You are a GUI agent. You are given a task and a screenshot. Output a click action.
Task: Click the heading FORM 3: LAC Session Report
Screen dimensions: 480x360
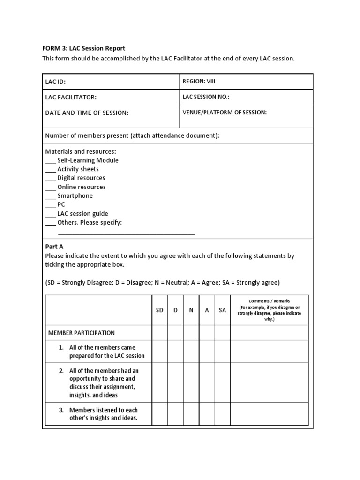tap(85, 48)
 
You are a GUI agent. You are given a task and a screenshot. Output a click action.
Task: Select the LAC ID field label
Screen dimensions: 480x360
tap(55, 82)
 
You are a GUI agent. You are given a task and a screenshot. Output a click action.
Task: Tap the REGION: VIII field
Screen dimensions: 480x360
tap(199, 82)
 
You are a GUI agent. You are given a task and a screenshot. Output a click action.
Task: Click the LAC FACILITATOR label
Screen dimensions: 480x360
tap(71, 97)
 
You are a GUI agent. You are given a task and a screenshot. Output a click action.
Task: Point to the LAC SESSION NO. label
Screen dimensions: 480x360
tap(206, 97)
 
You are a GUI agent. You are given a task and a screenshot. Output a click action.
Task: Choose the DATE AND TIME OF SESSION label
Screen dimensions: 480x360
tap(86, 113)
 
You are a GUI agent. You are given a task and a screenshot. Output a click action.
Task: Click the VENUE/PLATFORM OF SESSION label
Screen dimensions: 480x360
tap(225, 112)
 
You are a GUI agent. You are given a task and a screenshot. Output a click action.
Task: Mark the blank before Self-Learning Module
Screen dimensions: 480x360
tap(50, 161)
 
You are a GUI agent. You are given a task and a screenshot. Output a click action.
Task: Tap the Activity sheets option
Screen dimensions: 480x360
tap(78, 169)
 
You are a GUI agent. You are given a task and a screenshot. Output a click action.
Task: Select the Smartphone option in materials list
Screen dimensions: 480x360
tap(75, 196)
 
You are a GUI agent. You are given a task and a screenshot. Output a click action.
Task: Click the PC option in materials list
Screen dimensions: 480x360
tap(61, 205)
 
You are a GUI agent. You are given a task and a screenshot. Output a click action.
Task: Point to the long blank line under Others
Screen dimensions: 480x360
tap(126, 233)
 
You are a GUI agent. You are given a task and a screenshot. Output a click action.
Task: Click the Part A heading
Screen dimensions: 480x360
tap(54, 247)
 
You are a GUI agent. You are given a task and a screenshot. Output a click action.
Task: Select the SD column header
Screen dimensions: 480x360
tap(159, 310)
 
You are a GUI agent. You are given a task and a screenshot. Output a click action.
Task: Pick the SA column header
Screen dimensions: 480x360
tap(222, 310)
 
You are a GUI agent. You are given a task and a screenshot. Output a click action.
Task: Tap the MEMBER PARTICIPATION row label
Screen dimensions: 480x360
tap(82, 333)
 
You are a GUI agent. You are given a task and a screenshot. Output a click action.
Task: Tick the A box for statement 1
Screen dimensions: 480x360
tap(207, 352)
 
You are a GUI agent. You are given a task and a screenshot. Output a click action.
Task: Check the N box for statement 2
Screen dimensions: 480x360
tap(191, 382)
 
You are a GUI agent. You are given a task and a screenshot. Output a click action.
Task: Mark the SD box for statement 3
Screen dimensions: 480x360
tap(159, 414)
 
